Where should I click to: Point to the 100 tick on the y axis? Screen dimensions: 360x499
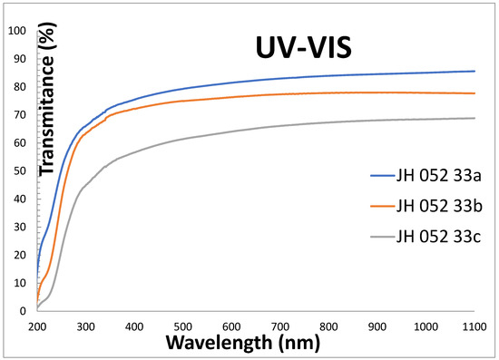(16, 30)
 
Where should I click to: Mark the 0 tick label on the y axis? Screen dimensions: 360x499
(23, 311)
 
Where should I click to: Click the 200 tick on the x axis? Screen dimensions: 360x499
(37, 323)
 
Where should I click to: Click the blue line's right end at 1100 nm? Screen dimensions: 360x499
(475, 71)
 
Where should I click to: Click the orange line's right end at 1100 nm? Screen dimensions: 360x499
(475, 93)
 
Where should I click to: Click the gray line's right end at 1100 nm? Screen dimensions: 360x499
(475, 118)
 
